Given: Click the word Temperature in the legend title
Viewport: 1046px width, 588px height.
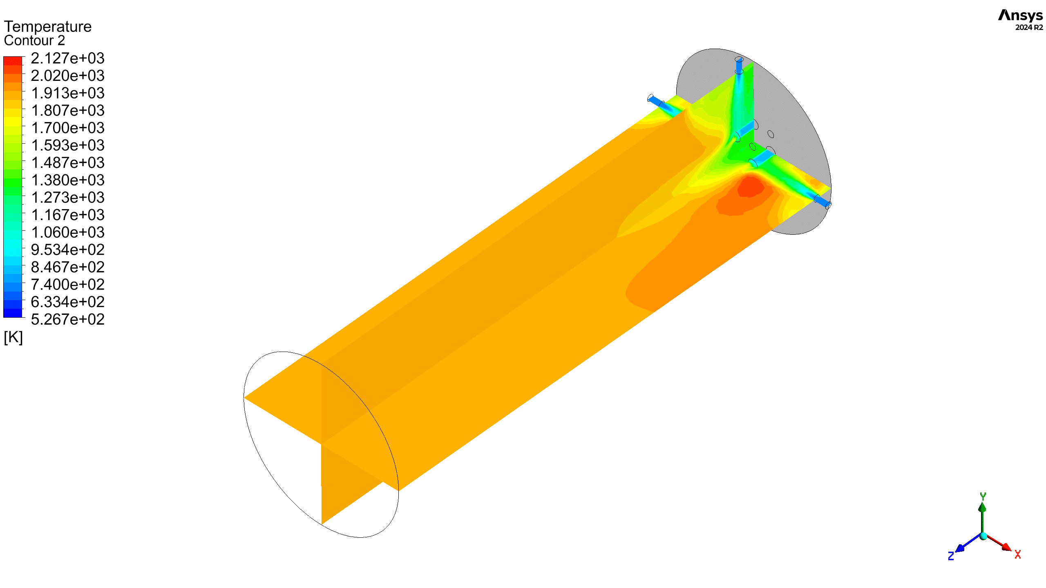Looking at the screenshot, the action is tap(48, 27).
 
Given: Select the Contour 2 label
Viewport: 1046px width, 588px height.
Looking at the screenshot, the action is tap(34, 40).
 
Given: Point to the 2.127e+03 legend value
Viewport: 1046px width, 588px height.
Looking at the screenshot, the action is tap(68, 58).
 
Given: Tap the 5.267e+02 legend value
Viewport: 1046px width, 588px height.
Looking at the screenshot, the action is tap(68, 319).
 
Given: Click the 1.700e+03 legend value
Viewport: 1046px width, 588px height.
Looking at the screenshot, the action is tap(68, 128).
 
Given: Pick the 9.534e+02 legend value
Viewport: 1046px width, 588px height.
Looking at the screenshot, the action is tap(68, 249).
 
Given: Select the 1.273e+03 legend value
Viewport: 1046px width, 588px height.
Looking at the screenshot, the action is tap(68, 198).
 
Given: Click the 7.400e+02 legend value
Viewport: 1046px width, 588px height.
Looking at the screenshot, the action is tap(68, 285).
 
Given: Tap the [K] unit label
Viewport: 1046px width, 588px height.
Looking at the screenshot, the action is tap(13, 338).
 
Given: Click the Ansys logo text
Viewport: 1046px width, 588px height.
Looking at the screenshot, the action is tap(1020, 15).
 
